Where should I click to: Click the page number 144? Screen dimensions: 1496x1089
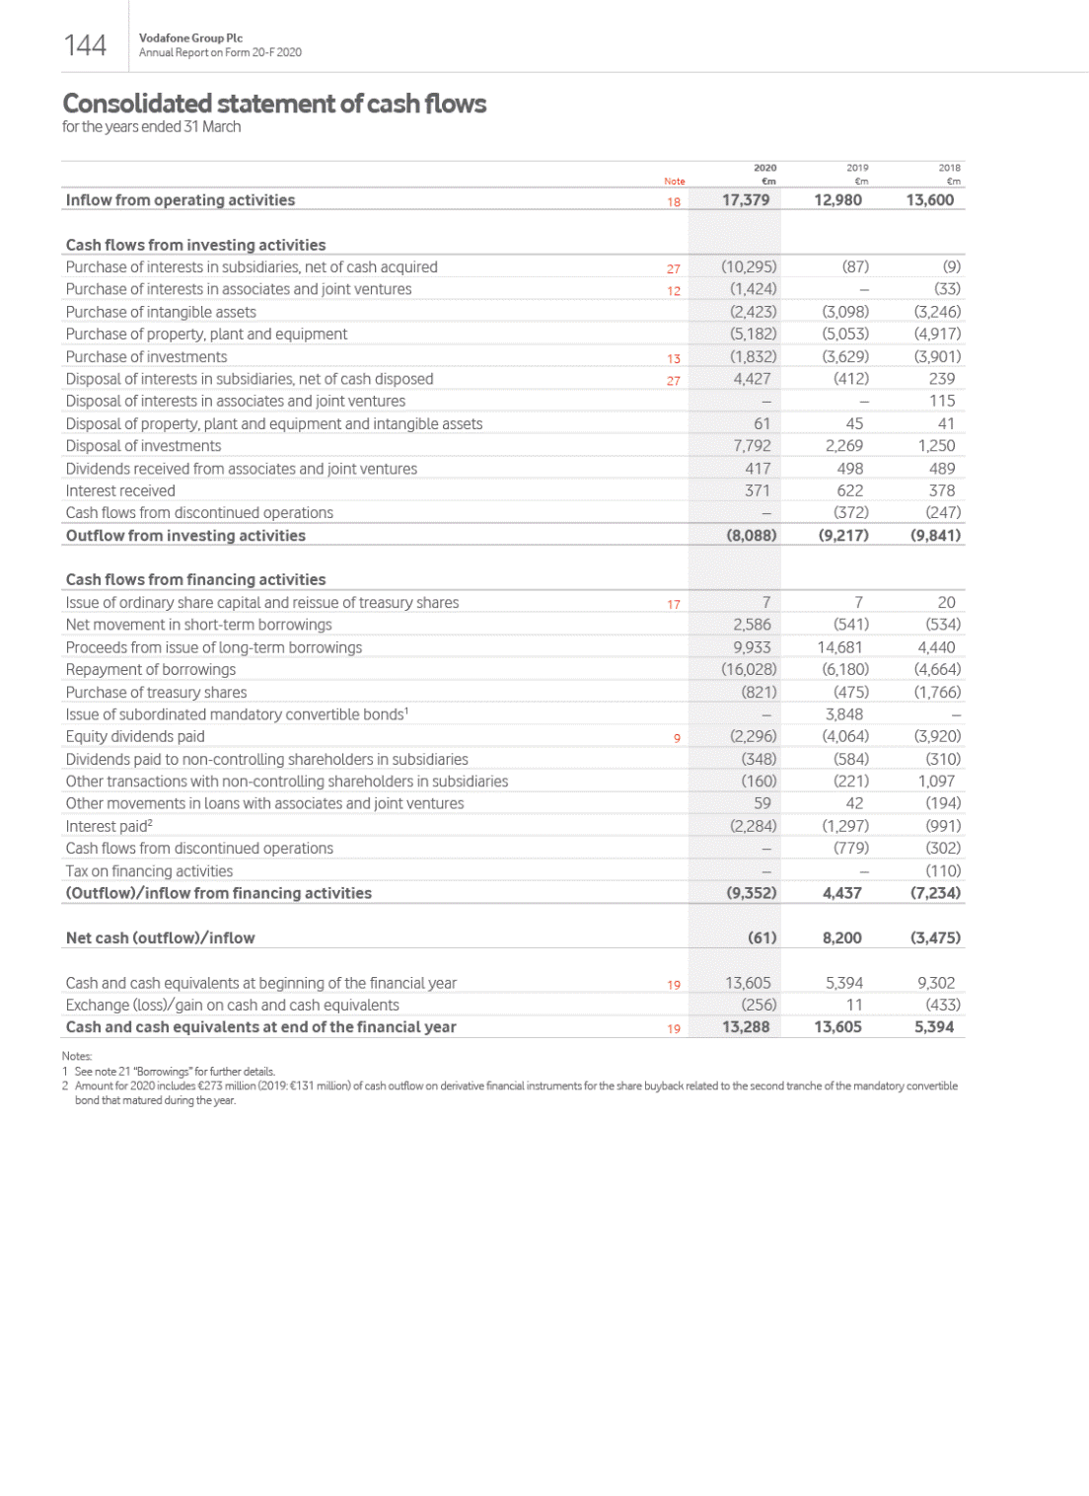click(85, 45)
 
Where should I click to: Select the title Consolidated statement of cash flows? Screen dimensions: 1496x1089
click(274, 104)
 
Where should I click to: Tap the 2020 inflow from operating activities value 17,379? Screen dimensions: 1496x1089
click(746, 200)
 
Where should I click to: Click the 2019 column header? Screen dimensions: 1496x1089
click(857, 168)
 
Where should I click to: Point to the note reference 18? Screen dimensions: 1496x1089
click(674, 201)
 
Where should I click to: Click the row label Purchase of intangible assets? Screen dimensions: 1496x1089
click(161, 312)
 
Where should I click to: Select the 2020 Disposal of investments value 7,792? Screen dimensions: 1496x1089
click(753, 446)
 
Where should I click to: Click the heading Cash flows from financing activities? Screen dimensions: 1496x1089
click(195, 579)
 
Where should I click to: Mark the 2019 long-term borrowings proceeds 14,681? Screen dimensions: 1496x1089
click(839, 647)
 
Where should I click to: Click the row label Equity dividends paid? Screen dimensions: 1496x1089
click(135, 736)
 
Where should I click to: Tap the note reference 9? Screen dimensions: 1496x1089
click(677, 738)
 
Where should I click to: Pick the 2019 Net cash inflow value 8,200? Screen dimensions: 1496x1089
click(841, 937)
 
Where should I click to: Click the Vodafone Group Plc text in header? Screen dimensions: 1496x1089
click(190, 37)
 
